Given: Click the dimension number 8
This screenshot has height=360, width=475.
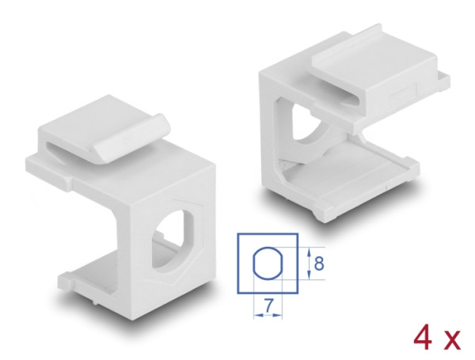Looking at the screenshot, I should [317, 261].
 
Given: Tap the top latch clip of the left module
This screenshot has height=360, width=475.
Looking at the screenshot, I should [107, 134].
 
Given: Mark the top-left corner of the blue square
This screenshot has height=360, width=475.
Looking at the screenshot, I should [238, 233].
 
